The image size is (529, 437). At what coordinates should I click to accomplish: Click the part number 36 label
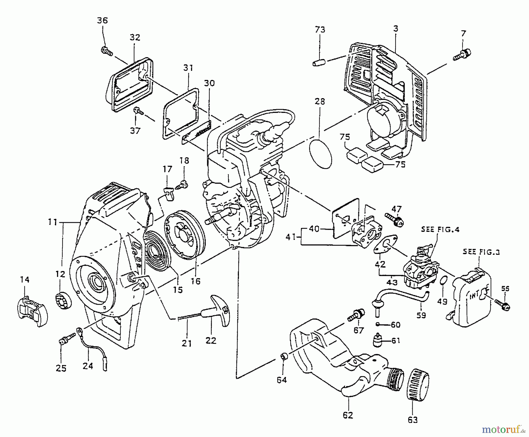103,20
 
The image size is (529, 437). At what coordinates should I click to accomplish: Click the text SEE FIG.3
481,252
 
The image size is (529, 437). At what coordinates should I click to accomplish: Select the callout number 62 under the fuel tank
348,415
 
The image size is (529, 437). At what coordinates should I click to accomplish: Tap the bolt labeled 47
395,221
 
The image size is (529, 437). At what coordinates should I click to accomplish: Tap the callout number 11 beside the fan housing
53,222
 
